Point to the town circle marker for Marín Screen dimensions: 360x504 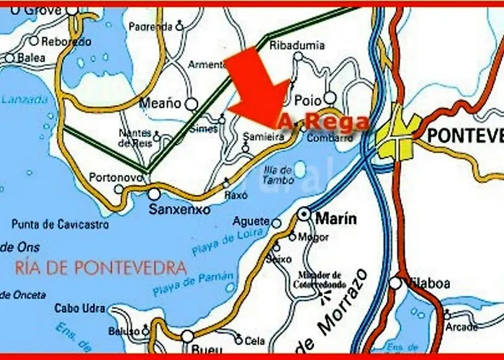pos(305,213)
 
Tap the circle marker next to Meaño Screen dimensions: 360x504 pos(192,103)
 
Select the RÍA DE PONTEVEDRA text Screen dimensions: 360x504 pos(95,269)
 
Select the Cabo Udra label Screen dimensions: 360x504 pos(78,308)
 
